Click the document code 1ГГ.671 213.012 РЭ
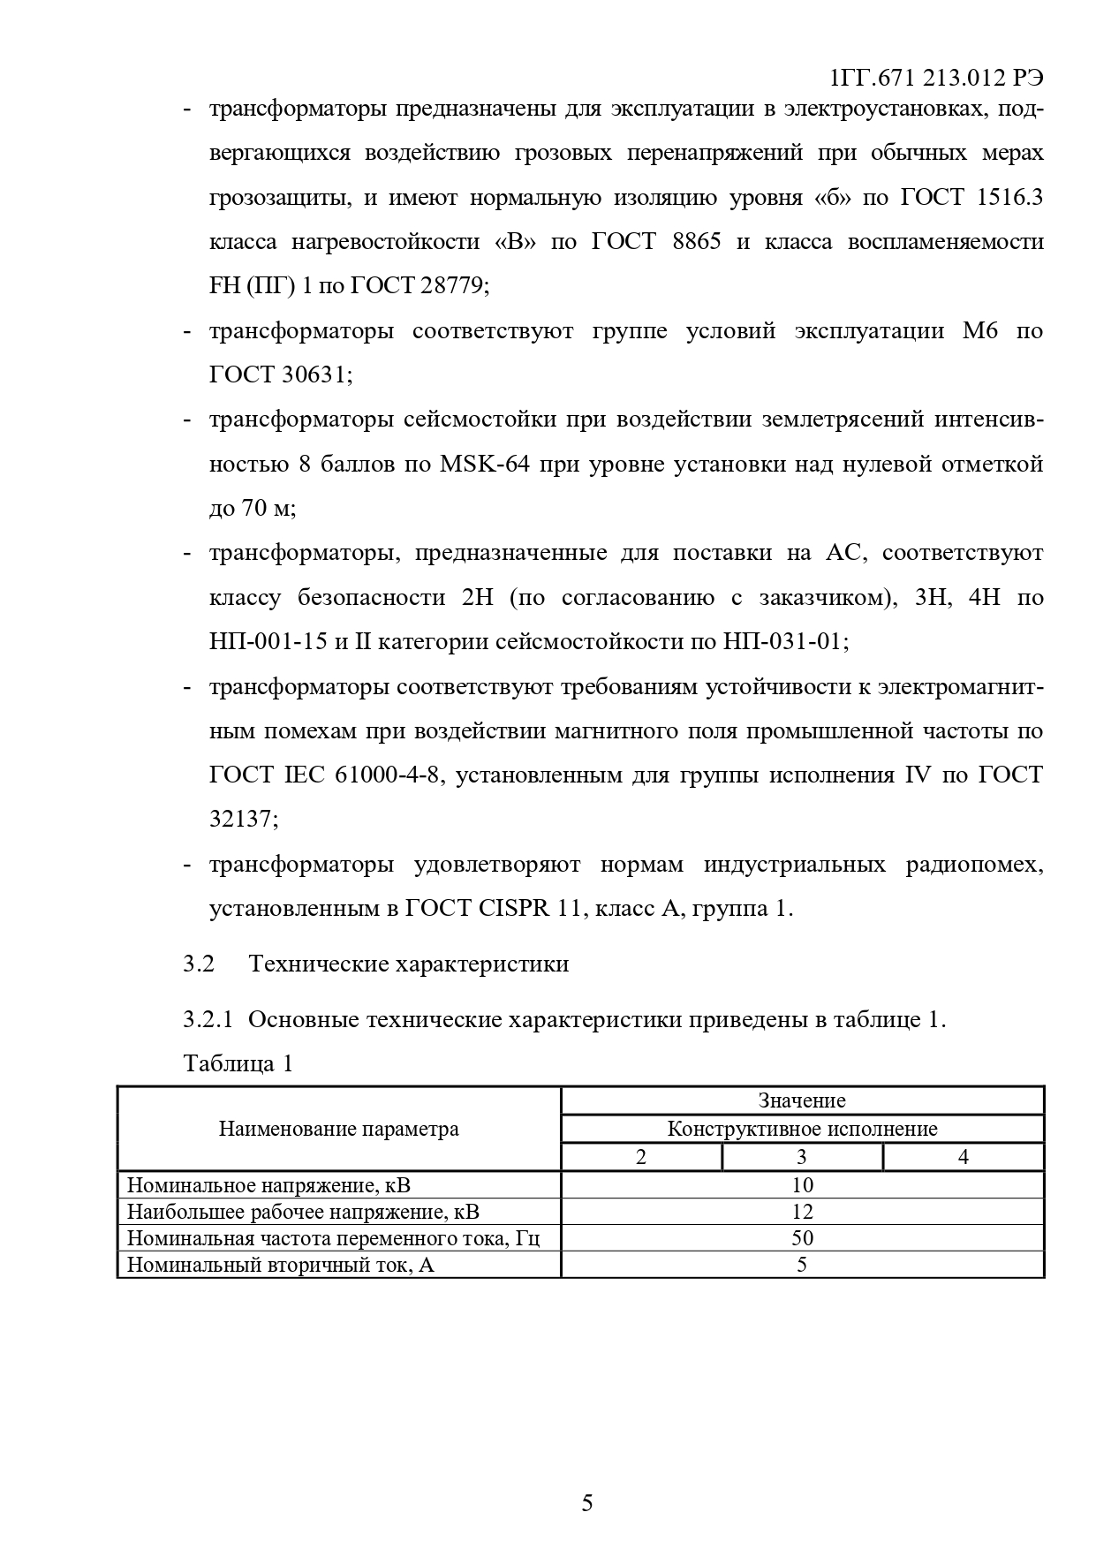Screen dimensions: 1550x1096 tap(936, 79)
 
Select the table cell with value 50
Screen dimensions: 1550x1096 tap(802, 1238)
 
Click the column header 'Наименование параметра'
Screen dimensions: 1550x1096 tap(338, 1129)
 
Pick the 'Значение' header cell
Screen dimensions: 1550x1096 tap(802, 1100)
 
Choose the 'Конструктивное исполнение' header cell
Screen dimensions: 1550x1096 tap(802, 1129)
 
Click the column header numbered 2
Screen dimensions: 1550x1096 tap(641, 1157)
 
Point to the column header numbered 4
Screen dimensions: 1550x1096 tap(963, 1157)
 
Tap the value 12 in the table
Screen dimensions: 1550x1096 tap(802, 1212)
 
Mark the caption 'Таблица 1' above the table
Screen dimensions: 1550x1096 tap(238, 1063)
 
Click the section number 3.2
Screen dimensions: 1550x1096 tap(199, 964)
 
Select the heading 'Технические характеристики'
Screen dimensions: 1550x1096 tap(409, 964)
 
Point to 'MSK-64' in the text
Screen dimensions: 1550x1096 tap(484, 465)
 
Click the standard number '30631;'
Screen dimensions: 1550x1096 tap(317, 375)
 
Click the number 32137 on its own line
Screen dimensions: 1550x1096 tap(243, 820)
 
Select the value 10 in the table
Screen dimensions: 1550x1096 tap(802, 1185)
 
